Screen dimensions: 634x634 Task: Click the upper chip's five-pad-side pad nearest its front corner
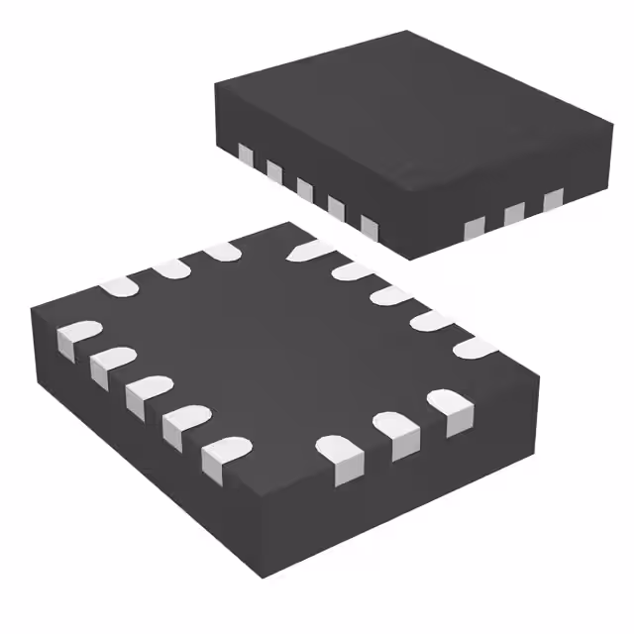[x=370, y=228]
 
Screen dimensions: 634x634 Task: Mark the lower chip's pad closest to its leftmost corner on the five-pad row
[x=74, y=337]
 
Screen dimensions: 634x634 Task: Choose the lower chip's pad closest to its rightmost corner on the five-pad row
[x=475, y=348]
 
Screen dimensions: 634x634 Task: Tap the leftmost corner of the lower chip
[x=30, y=319]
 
